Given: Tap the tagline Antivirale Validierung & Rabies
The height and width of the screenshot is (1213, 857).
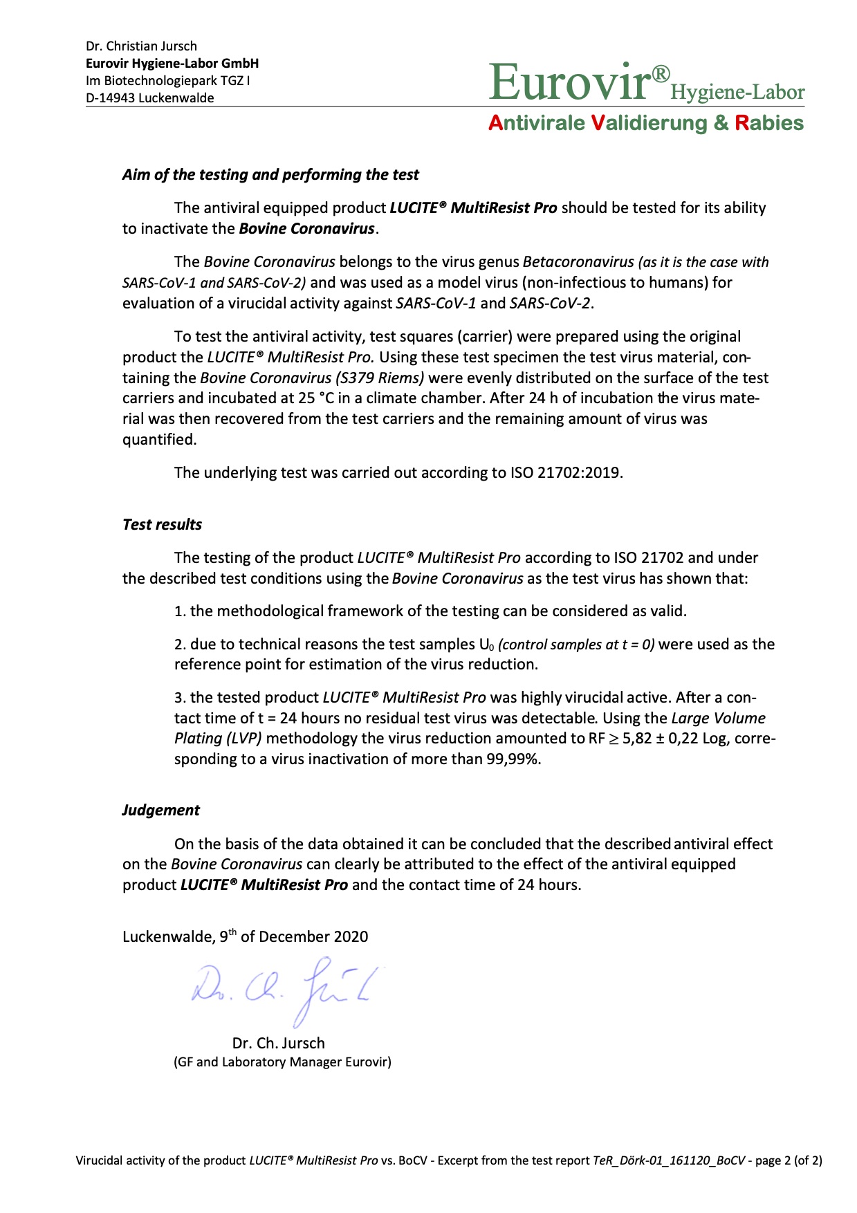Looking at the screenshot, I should (x=645, y=123).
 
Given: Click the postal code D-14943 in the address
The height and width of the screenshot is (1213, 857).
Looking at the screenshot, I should (x=111, y=98).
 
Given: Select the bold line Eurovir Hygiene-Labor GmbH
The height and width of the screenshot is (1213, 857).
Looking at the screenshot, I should (x=172, y=64).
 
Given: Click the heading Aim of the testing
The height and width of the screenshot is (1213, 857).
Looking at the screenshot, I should (x=270, y=175).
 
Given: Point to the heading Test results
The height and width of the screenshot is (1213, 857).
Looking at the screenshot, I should (x=162, y=525).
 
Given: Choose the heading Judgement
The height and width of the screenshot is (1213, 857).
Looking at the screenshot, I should (x=160, y=811).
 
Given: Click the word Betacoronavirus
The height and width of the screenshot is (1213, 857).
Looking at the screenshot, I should (x=578, y=262).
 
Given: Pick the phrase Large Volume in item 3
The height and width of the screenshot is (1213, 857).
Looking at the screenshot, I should (x=719, y=719).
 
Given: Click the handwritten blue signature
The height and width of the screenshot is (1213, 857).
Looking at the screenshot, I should (x=287, y=985).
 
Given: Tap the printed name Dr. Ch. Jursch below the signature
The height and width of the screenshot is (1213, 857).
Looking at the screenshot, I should (x=278, y=1044).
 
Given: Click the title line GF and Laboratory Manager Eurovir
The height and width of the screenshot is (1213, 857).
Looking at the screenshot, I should (x=282, y=1062).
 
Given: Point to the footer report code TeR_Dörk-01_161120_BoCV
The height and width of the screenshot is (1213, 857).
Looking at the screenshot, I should (x=669, y=1161).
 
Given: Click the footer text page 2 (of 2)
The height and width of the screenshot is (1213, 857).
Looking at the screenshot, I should (x=789, y=1161).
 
